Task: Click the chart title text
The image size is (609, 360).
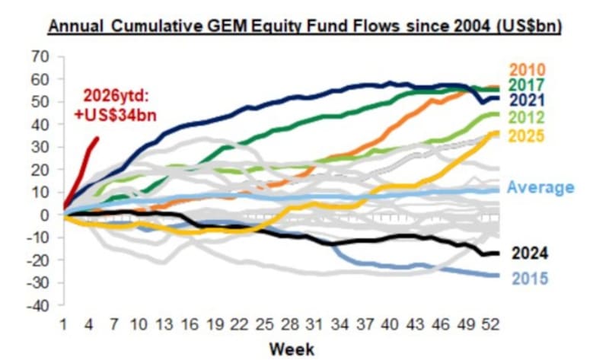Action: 304,26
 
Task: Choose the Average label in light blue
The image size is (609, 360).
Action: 540,188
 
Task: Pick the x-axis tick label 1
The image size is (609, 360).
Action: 65,323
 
